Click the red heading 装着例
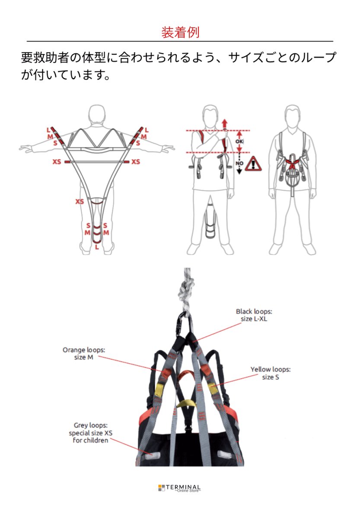180,32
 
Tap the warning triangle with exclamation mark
253,164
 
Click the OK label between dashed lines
239,141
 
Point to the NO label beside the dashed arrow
239,163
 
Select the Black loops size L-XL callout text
254,315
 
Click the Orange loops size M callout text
83,354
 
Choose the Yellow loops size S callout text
270,373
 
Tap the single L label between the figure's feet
97,247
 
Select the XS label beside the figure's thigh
80,202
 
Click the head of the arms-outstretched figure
97,115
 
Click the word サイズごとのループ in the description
282,58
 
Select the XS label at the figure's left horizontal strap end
57,161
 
